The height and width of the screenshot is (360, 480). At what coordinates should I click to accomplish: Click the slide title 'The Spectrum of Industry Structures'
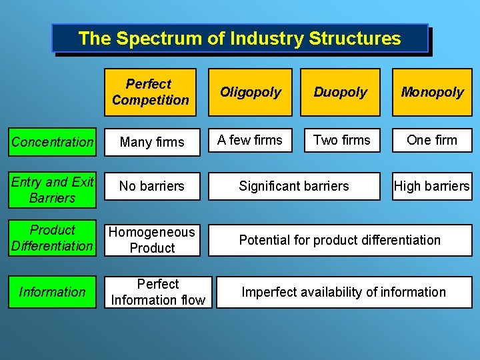(239, 38)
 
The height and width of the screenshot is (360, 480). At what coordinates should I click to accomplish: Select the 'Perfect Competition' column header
(150, 92)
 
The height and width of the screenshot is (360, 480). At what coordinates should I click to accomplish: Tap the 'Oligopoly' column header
(251, 92)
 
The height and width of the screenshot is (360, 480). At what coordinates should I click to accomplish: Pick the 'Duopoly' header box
(340, 92)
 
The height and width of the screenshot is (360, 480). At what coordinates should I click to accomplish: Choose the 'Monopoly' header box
(432, 92)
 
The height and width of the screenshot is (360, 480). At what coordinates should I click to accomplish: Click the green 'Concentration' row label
(53, 141)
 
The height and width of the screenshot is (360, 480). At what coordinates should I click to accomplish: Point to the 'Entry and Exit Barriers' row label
(53, 190)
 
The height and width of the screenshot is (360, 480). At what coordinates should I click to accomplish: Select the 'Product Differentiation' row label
(53, 238)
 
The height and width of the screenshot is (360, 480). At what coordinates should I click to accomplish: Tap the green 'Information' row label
(53, 292)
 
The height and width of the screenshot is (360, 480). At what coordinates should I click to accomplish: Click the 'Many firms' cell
(152, 142)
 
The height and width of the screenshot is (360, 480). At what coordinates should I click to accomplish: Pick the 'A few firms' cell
(250, 140)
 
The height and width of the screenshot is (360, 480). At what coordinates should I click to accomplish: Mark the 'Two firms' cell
(341, 140)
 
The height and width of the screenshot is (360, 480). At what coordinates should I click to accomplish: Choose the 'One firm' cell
(432, 140)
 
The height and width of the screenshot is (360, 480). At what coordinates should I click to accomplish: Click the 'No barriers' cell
(152, 187)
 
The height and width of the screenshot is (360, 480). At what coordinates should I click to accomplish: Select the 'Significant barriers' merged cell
(294, 187)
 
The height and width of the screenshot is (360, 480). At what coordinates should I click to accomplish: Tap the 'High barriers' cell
(432, 187)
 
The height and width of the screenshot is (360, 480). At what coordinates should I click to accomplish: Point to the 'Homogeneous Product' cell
(152, 240)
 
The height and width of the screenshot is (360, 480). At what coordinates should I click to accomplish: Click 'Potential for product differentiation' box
(340, 240)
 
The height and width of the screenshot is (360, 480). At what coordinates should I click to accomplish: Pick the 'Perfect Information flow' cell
(158, 292)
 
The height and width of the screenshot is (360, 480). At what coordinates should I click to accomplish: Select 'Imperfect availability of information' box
(343, 292)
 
